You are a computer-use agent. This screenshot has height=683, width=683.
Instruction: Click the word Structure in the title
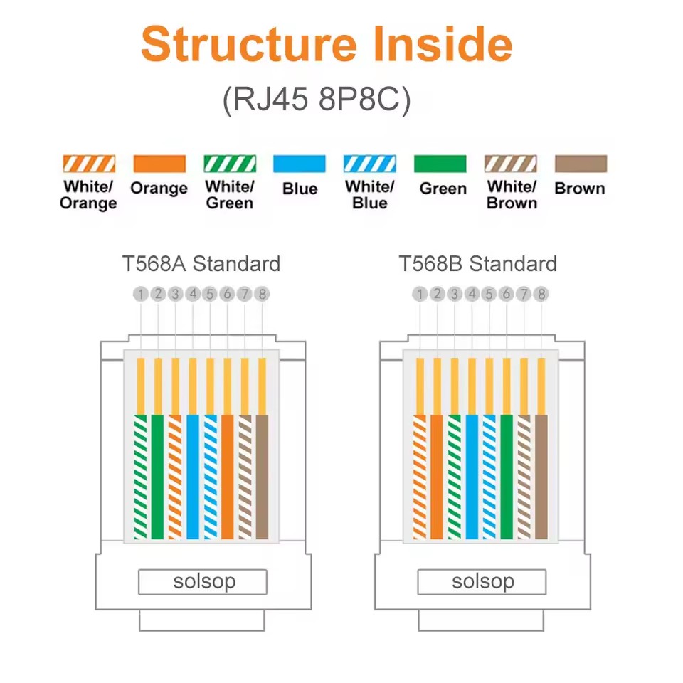tap(249, 45)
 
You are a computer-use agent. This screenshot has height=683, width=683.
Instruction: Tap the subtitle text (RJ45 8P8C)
tap(317, 100)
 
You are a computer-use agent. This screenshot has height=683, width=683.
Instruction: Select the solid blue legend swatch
tap(300, 164)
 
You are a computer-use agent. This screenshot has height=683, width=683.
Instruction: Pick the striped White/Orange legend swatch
tap(89, 164)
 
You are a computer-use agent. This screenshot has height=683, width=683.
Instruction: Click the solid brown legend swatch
tap(581, 164)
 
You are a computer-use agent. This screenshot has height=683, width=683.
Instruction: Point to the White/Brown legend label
tap(512, 195)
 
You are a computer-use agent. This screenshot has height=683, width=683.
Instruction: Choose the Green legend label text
tap(443, 189)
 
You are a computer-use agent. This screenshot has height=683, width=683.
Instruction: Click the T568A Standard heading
tap(201, 263)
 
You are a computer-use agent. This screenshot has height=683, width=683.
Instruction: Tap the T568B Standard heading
tap(478, 263)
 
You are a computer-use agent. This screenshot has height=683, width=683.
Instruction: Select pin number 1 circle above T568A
tap(141, 294)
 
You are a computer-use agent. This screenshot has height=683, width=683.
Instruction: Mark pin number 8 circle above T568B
tap(541, 294)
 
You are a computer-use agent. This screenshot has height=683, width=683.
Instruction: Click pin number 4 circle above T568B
tap(472, 294)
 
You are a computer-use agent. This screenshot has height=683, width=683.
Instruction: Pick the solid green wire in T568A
tap(158, 477)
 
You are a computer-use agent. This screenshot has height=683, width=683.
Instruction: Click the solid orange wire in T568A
tap(228, 477)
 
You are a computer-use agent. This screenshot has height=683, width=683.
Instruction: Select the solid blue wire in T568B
tap(472, 477)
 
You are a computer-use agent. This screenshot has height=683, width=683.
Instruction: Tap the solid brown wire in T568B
tap(541, 477)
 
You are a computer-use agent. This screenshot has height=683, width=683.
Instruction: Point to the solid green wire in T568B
tap(507, 477)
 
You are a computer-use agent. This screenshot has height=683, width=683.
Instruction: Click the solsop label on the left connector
tap(204, 582)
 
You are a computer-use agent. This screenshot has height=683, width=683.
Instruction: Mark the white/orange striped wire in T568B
tap(420, 477)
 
